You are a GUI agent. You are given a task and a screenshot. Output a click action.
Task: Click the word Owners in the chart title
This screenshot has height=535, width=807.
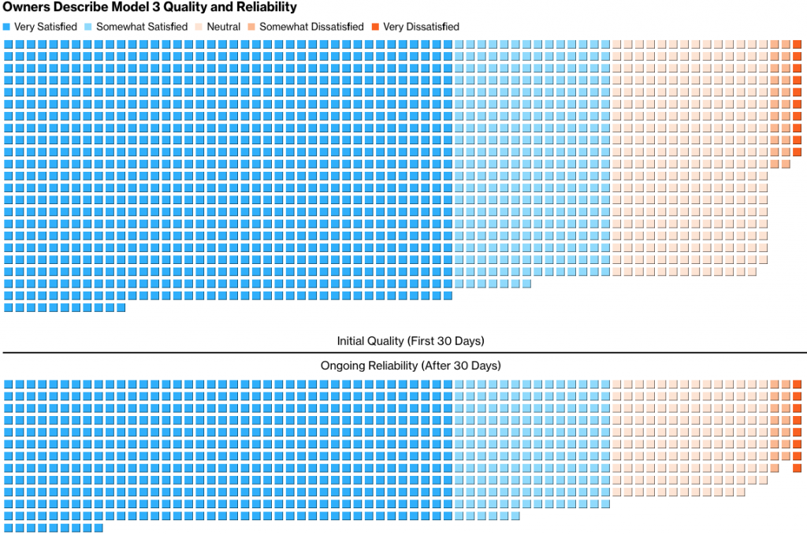click(26, 8)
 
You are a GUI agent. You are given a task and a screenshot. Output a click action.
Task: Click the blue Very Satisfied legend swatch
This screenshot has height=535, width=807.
click(7, 27)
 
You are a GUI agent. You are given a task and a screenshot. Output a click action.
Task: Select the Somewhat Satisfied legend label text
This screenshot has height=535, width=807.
click(142, 27)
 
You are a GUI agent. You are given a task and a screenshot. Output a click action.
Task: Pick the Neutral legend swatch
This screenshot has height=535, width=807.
click(199, 27)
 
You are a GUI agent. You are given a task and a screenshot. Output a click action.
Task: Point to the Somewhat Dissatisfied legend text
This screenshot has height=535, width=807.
click(311, 27)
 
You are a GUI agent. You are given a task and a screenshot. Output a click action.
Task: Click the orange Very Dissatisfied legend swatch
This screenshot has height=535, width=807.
click(376, 27)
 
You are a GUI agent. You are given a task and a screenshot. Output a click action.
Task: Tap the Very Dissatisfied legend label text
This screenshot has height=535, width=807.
click(421, 27)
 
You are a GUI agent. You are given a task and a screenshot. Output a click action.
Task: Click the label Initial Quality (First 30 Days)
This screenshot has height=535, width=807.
click(411, 341)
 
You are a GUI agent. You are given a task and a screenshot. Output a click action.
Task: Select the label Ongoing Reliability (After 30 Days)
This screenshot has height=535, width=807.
click(411, 366)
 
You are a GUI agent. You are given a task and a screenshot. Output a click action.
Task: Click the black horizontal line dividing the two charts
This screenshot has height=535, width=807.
click(403, 353)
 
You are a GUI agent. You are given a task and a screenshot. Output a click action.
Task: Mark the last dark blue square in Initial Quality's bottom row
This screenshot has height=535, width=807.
click(121, 308)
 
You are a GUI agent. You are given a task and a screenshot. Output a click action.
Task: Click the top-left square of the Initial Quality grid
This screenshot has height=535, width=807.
click(8, 44)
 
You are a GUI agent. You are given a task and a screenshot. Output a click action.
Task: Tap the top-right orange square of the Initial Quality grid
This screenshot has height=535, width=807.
click(797, 44)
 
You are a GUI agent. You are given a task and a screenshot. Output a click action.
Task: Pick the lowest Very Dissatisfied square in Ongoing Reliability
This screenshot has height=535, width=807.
click(797, 468)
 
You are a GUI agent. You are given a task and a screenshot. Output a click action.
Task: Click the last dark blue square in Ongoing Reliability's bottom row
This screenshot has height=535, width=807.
click(99, 528)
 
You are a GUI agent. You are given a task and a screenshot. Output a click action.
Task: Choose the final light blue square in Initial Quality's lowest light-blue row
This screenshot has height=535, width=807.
click(526, 284)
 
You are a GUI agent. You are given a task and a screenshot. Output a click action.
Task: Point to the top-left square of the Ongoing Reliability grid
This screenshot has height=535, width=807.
click(8, 385)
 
